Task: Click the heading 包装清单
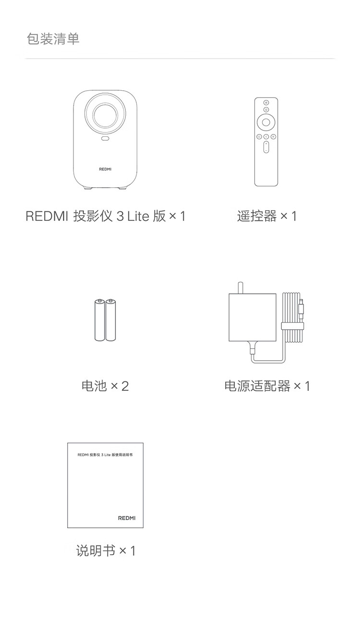point(53,39)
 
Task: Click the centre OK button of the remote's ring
point(266,122)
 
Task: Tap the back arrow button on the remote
point(266,137)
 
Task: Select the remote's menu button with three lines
point(273,137)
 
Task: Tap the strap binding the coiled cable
point(292,327)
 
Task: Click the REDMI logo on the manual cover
point(127,518)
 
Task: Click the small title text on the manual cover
point(105,453)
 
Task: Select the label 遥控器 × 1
point(267,216)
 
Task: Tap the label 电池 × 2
point(105,386)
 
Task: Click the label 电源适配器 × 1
point(267,386)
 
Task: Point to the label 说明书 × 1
point(106,550)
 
